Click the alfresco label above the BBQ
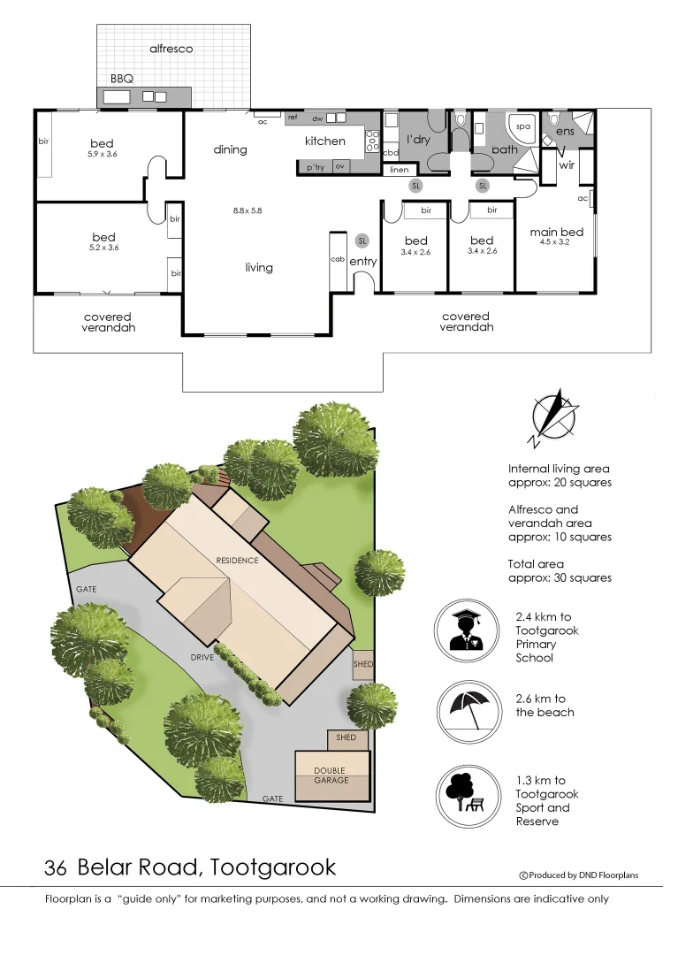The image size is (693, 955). click(171, 49)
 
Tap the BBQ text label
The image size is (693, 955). click(122, 79)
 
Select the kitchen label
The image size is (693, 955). click(324, 141)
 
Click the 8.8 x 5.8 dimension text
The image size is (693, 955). click(247, 210)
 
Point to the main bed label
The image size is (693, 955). click(556, 233)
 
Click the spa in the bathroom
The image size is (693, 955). click(522, 126)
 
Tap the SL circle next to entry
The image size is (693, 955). click(362, 241)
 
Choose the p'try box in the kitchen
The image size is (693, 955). click(315, 167)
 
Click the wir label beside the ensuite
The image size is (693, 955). click(567, 164)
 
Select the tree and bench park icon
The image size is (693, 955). click(467, 793)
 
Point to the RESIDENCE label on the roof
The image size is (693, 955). click(238, 561)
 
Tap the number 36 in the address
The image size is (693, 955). click(57, 867)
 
